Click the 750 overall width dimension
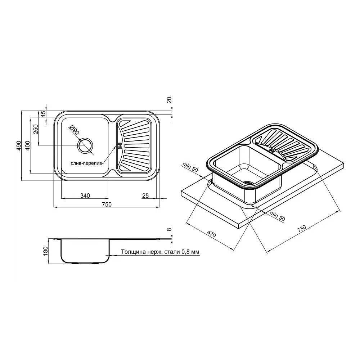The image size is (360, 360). pyautogui.click(x=107, y=204)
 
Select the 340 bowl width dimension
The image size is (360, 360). pyautogui.click(x=85, y=195)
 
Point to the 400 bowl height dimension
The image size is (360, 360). pyautogui.click(x=27, y=145)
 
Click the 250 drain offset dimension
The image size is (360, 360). pyautogui.click(x=36, y=130)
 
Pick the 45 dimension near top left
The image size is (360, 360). pyautogui.click(x=44, y=114)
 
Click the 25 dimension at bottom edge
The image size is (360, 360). pyautogui.click(x=145, y=195)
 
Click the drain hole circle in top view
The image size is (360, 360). pyautogui.click(x=85, y=145)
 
